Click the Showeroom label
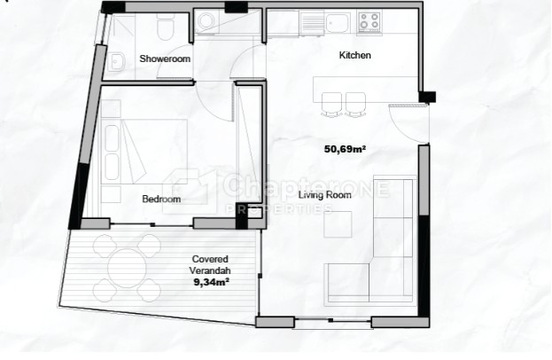point(165,59)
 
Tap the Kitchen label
point(354,55)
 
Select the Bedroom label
point(161,199)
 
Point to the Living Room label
point(325,195)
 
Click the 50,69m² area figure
point(345,149)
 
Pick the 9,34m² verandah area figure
point(212,282)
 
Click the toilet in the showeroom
point(165,26)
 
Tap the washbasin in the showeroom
point(117,63)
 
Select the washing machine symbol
point(206,21)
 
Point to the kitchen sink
point(338,23)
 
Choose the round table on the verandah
point(127,269)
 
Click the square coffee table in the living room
point(338,224)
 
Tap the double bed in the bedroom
point(144,152)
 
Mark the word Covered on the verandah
point(210,259)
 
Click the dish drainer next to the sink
point(312,23)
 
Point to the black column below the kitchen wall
point(427,97)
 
